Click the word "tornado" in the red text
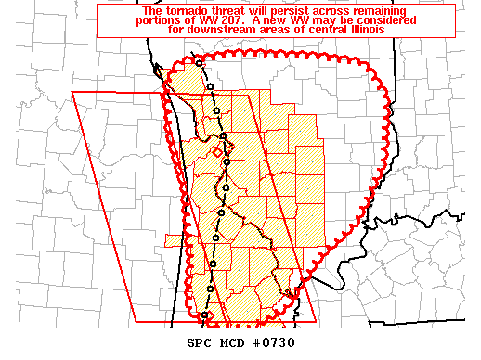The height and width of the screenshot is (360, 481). click(x=155, y=10)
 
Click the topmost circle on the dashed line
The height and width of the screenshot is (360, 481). click(x=199, y=62)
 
